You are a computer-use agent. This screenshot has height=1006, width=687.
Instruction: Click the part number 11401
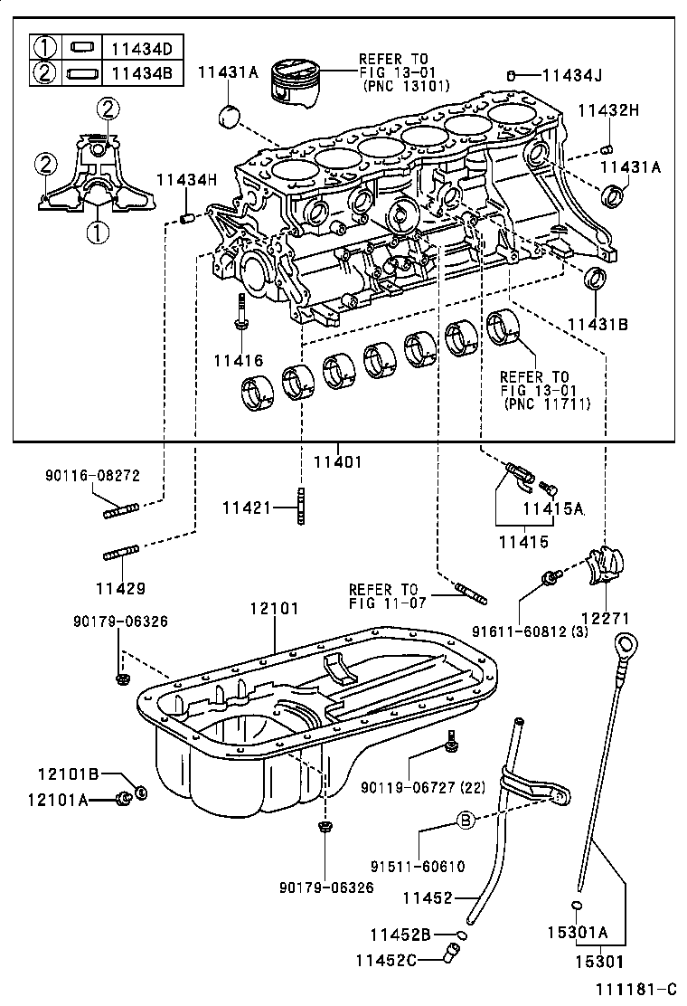click(337, 461)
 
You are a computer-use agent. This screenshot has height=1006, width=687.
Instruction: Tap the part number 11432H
click(608, 110)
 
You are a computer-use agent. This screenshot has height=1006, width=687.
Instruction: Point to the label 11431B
click(597, 324)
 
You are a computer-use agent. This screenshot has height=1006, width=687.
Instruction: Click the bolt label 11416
click(239, 361)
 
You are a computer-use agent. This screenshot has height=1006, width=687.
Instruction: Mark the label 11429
click(121, 589)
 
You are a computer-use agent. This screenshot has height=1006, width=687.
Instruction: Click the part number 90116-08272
click(92, 475)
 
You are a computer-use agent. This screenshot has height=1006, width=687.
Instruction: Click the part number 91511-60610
click(418, 866)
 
